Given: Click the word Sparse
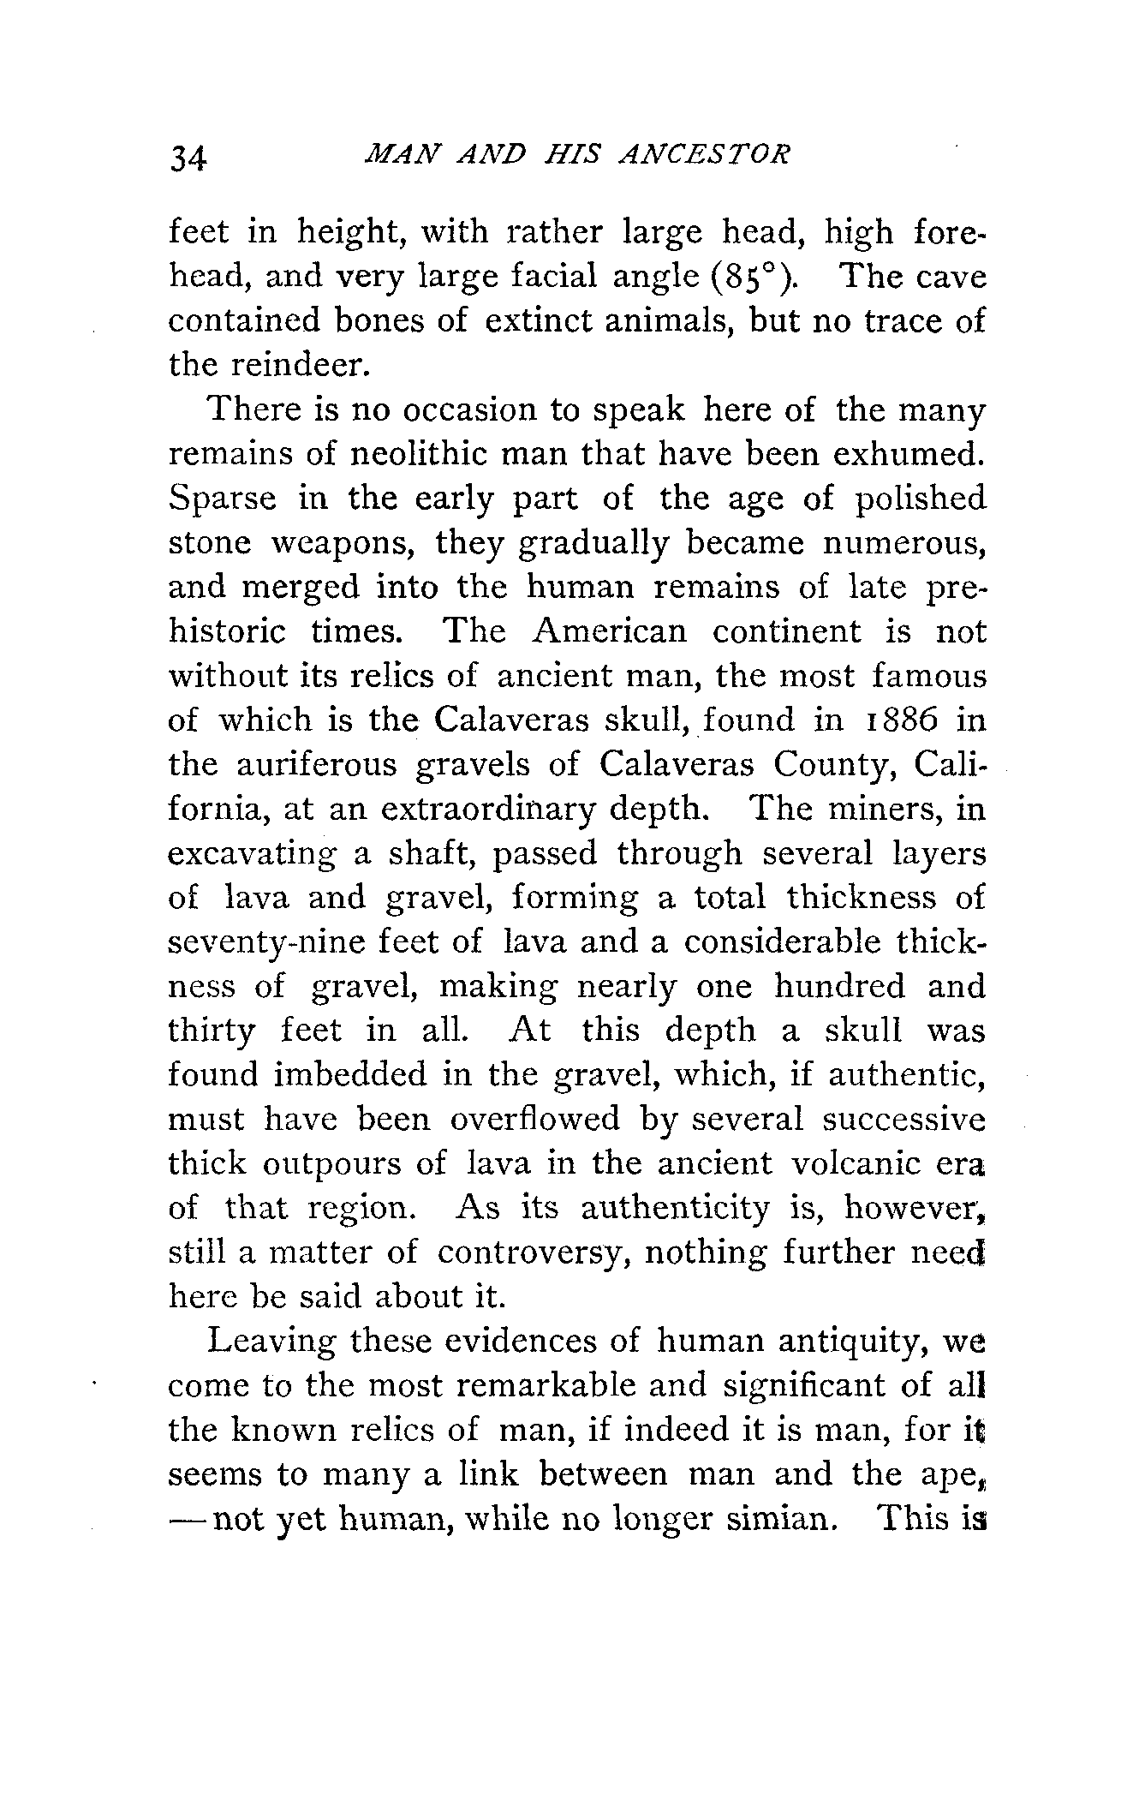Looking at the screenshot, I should pos(223,499).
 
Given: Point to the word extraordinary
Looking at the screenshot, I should pos(486,810).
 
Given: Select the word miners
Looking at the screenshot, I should pos(878,810).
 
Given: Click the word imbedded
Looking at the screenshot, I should pos(349,1075).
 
